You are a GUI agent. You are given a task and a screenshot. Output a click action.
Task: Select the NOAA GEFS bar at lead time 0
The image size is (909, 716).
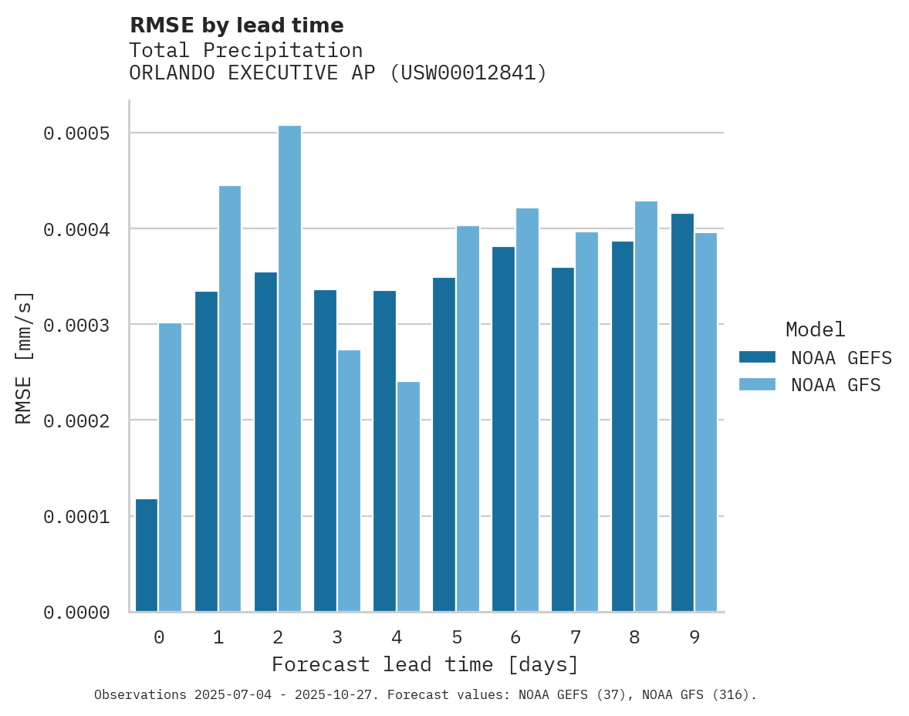(x=147, y=556)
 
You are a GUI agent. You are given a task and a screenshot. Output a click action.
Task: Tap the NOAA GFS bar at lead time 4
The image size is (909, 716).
(x=408, y=497)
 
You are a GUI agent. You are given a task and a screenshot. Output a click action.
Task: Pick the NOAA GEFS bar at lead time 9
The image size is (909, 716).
(x=682, y=413)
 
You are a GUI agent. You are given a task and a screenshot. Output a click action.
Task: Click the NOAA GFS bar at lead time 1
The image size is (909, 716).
(x=230, y=399)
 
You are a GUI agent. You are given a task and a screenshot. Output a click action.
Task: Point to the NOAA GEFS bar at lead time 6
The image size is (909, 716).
(x=503, y=429)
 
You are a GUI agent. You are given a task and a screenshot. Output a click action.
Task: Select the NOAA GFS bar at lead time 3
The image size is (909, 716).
(x=349, y=481)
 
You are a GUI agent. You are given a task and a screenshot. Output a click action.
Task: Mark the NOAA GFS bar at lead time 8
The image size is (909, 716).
(x=646, y=407)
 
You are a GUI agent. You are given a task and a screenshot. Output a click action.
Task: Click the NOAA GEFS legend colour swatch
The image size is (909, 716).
(x=756, y=357)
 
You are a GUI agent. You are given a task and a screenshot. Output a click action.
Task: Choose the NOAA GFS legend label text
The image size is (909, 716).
(x=836, y=385)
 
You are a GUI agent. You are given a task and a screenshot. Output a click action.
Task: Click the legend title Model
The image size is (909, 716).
(x=815, y=329)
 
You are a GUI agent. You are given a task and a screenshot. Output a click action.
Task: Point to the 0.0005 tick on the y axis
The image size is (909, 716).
(x=86, y=133)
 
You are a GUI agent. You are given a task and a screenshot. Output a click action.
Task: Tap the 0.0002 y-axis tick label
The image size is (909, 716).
(x=86, y=421)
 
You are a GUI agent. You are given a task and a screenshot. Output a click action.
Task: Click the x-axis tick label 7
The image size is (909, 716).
(x=575, y=637)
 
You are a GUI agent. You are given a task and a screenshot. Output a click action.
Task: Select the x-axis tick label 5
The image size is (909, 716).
(x=456, y=637)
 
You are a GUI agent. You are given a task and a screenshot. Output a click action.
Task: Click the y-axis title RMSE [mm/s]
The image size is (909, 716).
(x=24, y=357)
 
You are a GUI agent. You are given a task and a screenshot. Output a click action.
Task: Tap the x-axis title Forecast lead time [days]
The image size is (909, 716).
(x=424, y=664)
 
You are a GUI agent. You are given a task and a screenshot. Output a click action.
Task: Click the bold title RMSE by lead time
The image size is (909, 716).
(x=236, y=25)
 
